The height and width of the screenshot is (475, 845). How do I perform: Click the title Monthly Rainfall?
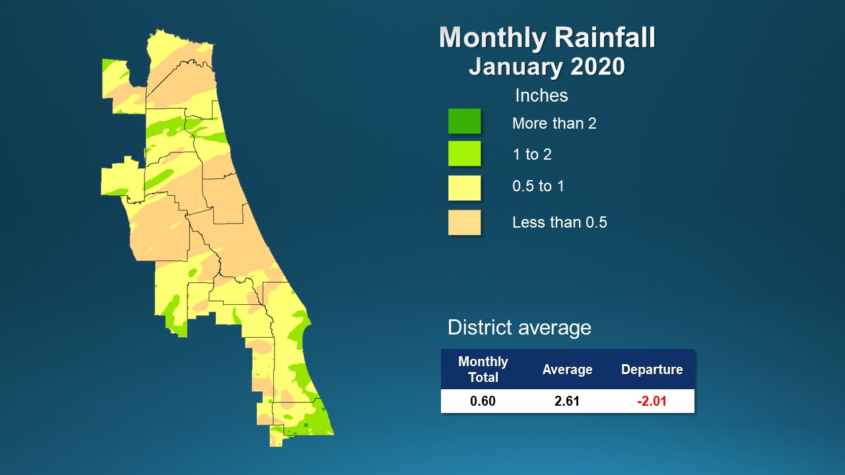coord(547,38)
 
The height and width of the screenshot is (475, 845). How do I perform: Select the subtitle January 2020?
coord(547,67)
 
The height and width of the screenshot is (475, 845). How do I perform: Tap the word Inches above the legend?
coord(541,96)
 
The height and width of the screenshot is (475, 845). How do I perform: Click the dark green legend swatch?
coord(464,121)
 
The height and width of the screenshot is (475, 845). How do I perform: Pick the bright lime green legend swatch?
coord(464,154)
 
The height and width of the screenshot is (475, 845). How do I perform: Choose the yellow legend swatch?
coord(464,187)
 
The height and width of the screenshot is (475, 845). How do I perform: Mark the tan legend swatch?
coord(464,222)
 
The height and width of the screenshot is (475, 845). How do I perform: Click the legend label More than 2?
coord(554,123)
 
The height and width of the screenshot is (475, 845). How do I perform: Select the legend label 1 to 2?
coord(531,154)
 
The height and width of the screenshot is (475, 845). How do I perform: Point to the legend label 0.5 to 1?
coord(538,186)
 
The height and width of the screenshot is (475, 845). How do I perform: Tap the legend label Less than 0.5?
coord(559,222)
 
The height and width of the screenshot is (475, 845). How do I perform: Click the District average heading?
coord(519,327)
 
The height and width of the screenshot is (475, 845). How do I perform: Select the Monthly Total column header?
coord(483,369)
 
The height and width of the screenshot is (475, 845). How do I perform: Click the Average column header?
coord(567,369)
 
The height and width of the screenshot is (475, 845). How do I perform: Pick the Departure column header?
coord(652,369)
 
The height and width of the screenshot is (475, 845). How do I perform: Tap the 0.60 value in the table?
coord(483,401)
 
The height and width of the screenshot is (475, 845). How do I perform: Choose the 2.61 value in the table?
coord(567,401)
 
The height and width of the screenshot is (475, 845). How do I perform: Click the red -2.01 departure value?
coord(652,401)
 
